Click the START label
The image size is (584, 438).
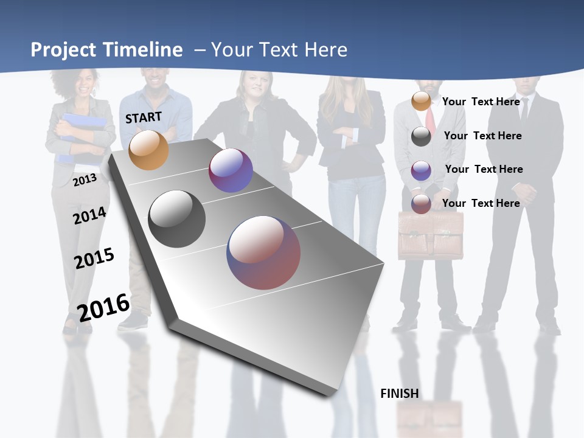pyautogui.click(x=144, y=117)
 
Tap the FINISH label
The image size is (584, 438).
pyautogui.click(x=399, y=394)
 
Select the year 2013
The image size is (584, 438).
pyautogui.click(x=85, y=179)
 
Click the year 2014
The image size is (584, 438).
pyautogui.click(x=89, y=215)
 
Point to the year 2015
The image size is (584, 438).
pyautogui.click(x=94, y=258)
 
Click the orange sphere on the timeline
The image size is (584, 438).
pyautogui.click(x=148, y=150)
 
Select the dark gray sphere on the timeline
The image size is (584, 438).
pyautogui.click(x=176, y=219)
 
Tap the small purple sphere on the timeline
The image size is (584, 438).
pyautogui.click(x=231, y=170)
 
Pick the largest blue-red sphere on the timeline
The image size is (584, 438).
pyautogui.click(x=263, y=252)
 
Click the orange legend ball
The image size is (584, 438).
pyautogui.click(x=421, y=101)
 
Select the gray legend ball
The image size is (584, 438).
pyautogui.click(x=421, y=136)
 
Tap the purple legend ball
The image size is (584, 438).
pyautogui.click(x=421, y=170)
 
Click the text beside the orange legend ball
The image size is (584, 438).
pyautogui.click(x=481, y=102)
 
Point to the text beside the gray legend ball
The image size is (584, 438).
pyautogui.click(x=482, y=136)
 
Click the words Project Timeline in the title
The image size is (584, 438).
pyautogui.click(x=106, y=50)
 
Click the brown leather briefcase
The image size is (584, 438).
pyautogui.click(x=431, y=236)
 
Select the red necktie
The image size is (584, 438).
pyautogui.click(x=431, y=119)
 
